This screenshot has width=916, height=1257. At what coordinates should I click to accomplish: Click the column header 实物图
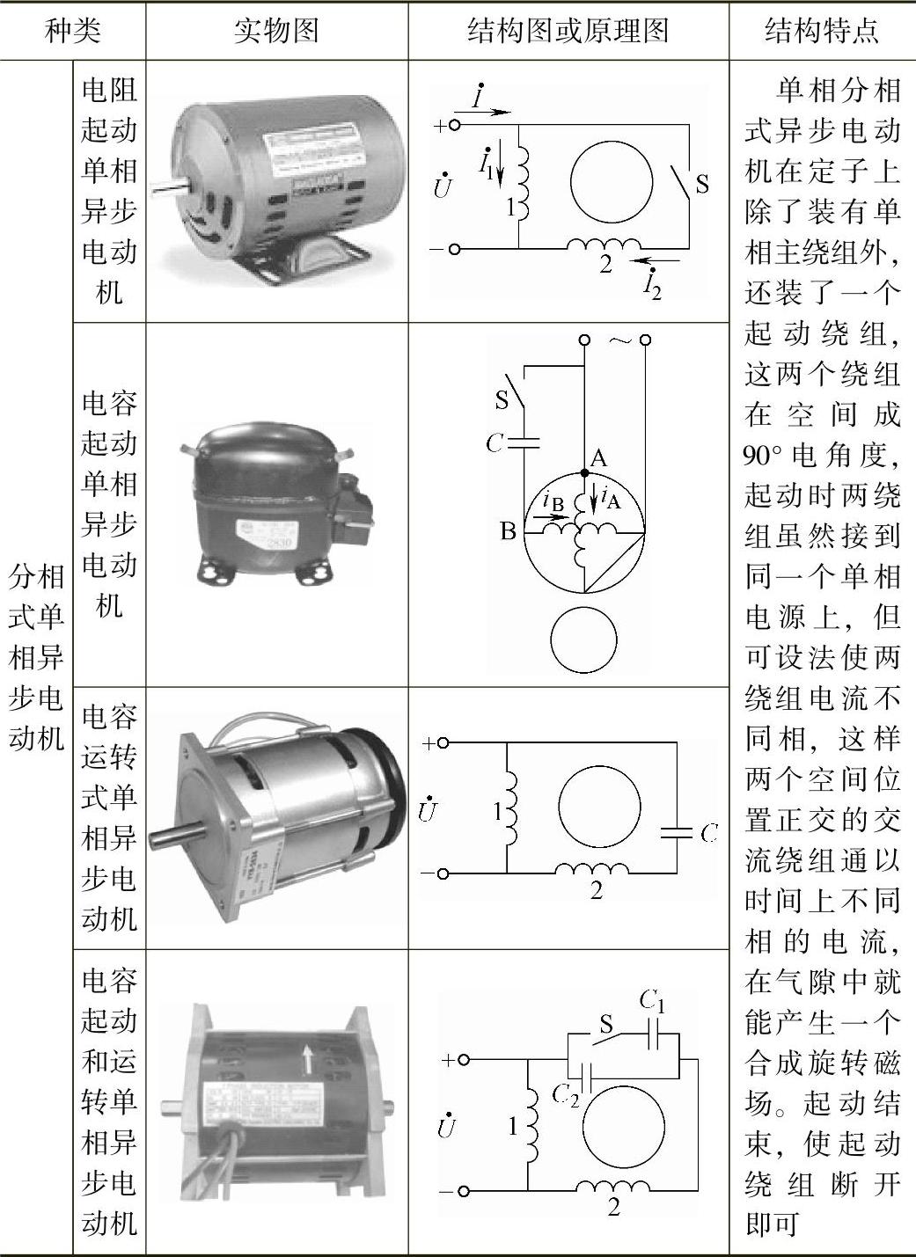[x=275, y=31]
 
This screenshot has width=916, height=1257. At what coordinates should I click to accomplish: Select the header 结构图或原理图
[x=568, y=31]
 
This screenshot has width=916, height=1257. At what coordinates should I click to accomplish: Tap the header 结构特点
[x=821, y=31]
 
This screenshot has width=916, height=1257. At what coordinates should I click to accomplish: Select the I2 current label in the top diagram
[x=651, y=283]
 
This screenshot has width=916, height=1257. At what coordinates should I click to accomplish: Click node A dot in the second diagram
[x=585, y=472]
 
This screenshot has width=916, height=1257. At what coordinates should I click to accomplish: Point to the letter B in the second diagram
[x=508, y=531]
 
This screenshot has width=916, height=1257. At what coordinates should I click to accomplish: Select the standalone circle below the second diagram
[x=584, y=639]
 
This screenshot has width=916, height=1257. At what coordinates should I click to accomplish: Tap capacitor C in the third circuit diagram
[x=676, y=832]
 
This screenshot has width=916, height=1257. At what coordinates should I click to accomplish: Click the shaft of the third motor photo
[x=176, y=831]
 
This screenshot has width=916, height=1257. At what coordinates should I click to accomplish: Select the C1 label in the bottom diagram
[x=652, y=1000]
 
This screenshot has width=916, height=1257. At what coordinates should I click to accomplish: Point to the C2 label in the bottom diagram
[x=565, y=1093]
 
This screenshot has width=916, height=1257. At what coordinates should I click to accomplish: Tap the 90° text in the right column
[x=762, y=456]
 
